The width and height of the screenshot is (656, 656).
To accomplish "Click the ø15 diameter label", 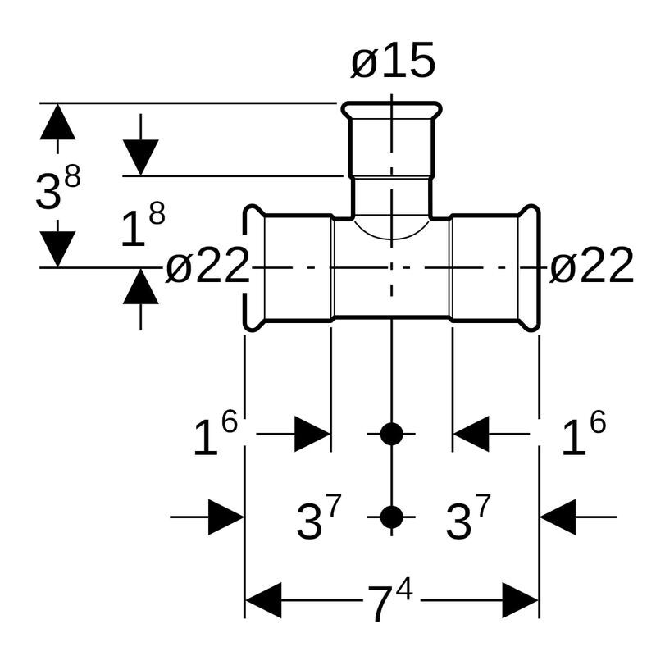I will pyautogui.click(x=393, y=63).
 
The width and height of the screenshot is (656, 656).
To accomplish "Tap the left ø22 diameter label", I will pyautogui.click(x=207, y=266).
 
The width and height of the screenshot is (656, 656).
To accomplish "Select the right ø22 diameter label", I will pyautogui.click(x=591, y=266).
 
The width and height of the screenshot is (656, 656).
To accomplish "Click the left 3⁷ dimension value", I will pyautogui.click(x=318, y=519).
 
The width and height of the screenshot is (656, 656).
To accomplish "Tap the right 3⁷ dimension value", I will pyautogui.click(x=467, y=519).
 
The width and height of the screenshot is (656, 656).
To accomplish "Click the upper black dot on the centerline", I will pyautogui.click(x=392, y=434).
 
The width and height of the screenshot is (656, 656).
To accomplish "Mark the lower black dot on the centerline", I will pyautogui.click(x=392, y=517).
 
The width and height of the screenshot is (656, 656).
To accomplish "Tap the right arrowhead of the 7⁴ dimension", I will pyautogui.click(x=520, y=601).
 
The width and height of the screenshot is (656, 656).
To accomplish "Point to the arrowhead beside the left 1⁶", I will pyautogui.click(x=312, y=434).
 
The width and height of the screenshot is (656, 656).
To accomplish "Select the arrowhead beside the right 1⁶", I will pyautogui.click(x=471, y=434).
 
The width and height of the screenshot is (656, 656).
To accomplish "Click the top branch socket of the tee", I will pyautogui.click(x=392, y=139).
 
